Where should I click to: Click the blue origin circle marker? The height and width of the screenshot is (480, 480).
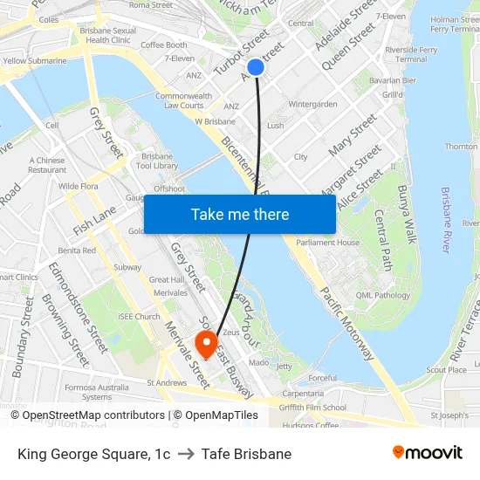click(256, 66)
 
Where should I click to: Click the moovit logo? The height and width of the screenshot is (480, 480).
click(427, 453)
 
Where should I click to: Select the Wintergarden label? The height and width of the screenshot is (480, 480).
click(312, 104)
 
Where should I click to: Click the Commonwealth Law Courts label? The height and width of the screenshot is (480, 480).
click(183, 100)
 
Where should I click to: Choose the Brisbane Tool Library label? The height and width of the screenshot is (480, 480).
click(158, 161)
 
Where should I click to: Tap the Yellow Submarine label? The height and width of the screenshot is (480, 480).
click(34, 61)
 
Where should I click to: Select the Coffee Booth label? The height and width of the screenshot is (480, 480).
click(164, 45)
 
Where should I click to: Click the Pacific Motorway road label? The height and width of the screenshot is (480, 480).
click(347, 324)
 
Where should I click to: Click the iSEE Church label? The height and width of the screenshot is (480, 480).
click(141, 317)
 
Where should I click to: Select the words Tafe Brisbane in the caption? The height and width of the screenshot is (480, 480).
click(246, 454)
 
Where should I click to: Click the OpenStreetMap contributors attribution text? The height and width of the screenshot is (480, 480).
click(87, 415)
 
